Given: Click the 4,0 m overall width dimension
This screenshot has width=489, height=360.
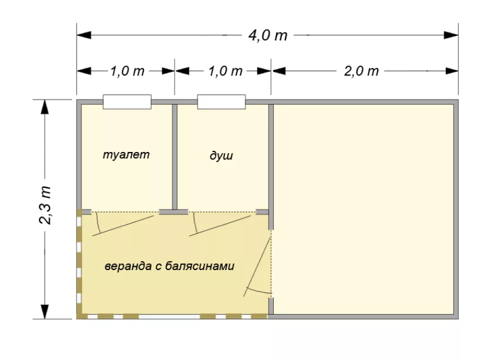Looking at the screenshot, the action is coord(267,35).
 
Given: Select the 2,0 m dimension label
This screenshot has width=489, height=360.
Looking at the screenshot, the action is coord(361,72).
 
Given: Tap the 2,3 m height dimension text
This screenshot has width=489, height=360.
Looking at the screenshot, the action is coord(45,205).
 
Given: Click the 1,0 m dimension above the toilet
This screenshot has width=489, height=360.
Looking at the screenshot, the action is coord(127,72).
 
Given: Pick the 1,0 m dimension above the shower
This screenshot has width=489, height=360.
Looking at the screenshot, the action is coord(225,72).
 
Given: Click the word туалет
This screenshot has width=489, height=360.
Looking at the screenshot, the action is coord(126,155).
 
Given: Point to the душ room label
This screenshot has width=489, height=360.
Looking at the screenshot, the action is coord(221,155).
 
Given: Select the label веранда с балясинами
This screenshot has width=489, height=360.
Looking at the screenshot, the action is coord(170,266).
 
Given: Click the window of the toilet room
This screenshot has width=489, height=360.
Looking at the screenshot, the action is coord(127,102).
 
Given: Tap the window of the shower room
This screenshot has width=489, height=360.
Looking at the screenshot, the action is coord(222,102).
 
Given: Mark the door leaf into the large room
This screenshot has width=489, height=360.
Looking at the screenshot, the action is coord(257,266).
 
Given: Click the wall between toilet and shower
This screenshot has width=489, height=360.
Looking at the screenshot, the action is coord(175,157).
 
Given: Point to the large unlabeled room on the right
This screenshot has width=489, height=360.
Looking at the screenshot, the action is coord(364,209).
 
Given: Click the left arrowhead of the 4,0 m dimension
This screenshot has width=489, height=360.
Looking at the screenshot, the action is coord(84,35).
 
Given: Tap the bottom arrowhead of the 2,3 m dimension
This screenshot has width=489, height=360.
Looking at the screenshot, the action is coord(45,311).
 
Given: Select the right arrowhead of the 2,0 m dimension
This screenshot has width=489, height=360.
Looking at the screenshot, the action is coord(452,72).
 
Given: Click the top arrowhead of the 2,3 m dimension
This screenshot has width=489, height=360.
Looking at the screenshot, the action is coord(45,107).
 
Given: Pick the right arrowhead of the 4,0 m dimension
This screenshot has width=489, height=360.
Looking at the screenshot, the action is coord(452,35).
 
